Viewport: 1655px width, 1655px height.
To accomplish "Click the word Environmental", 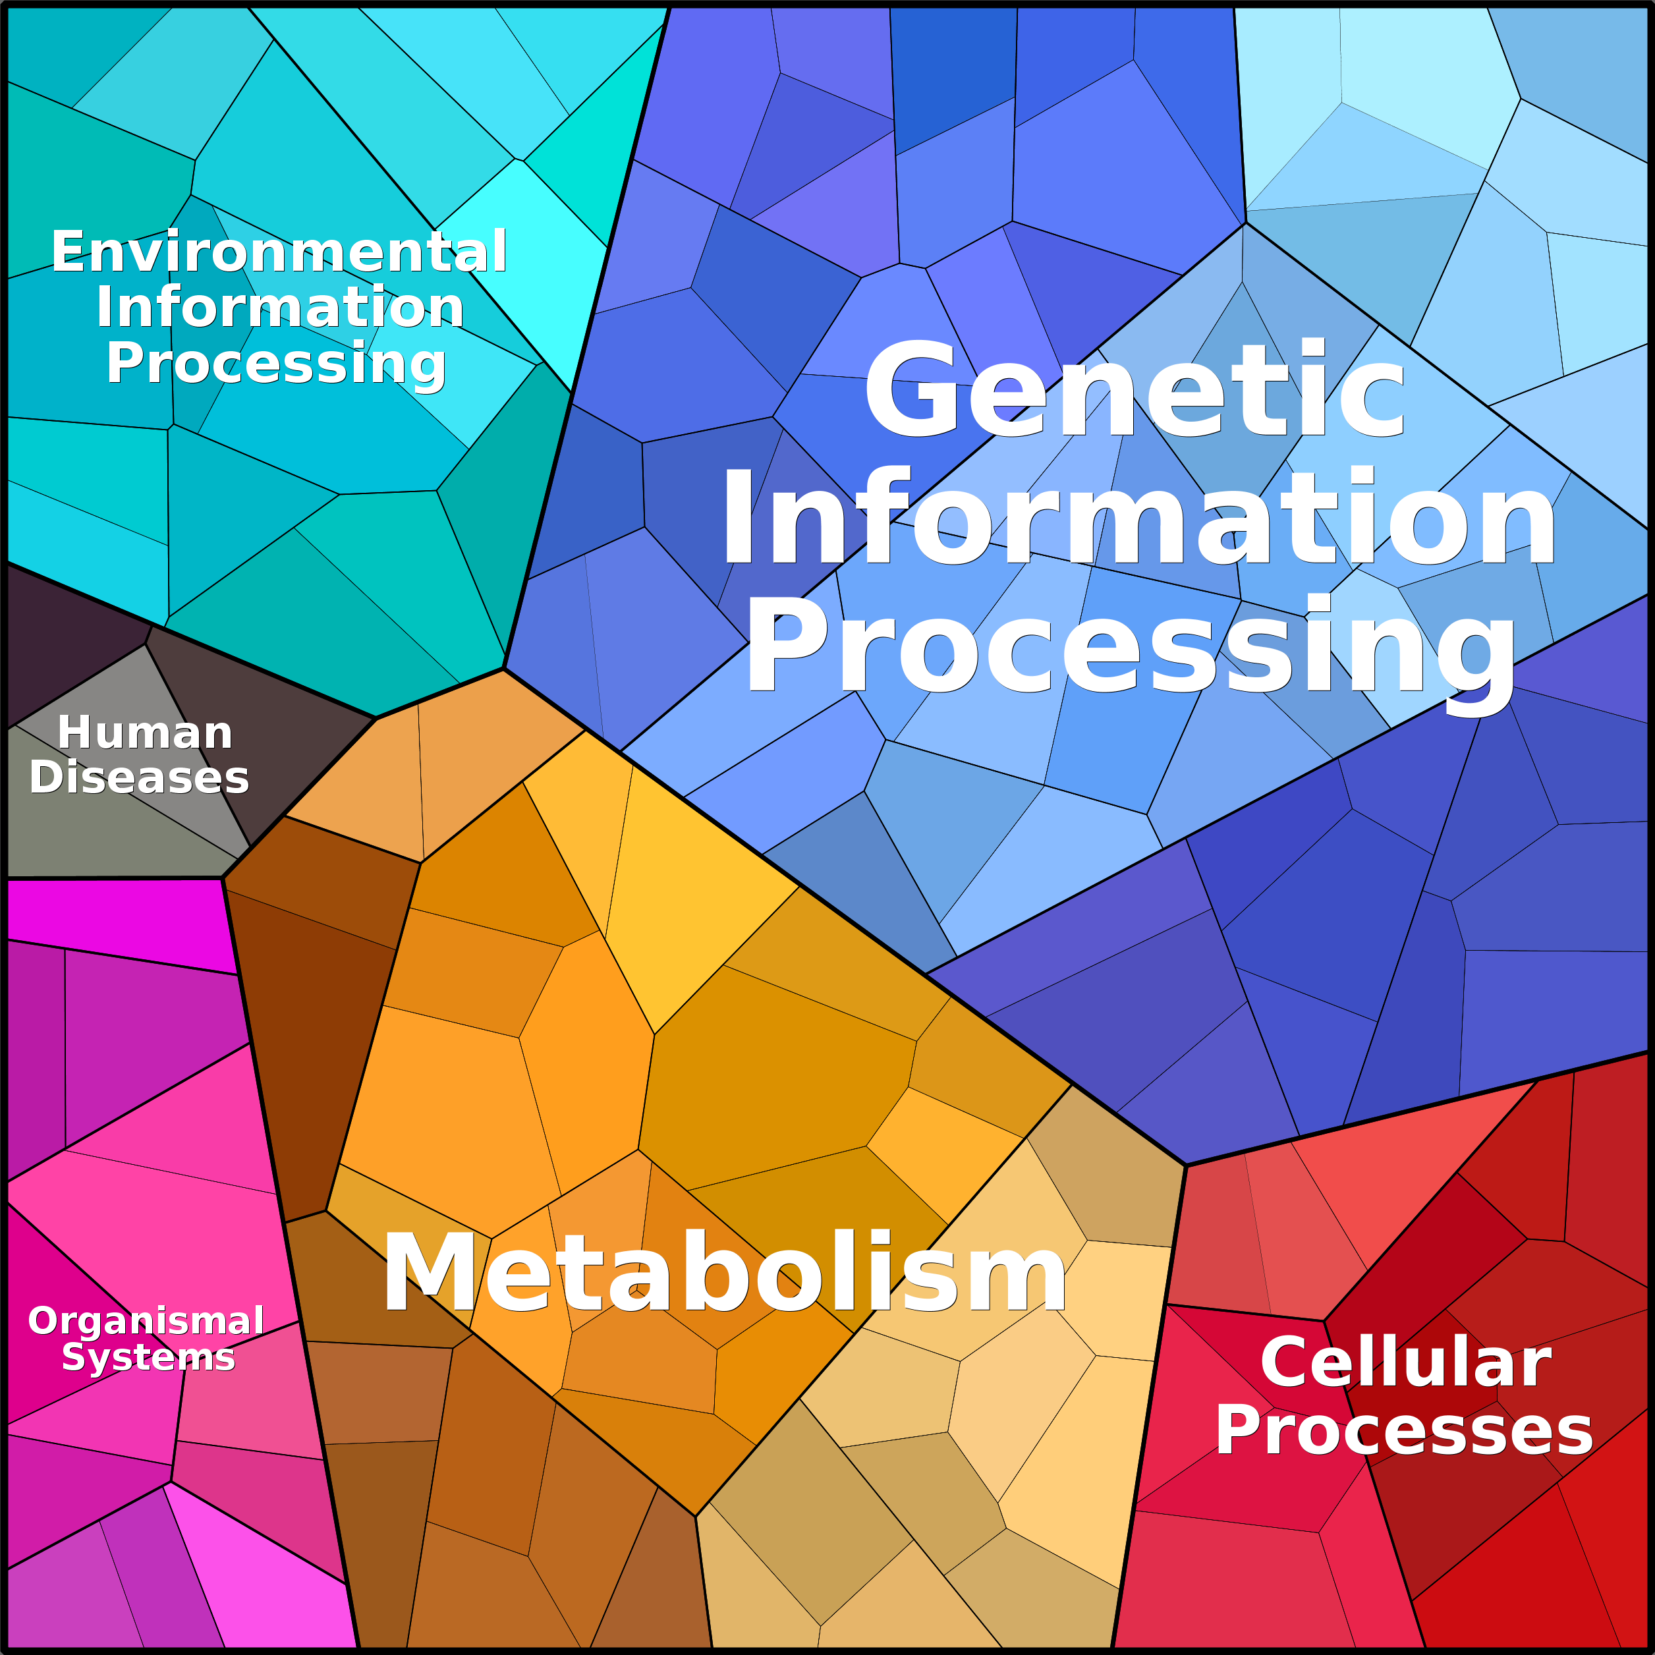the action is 279,252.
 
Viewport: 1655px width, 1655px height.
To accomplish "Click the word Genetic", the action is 1136,390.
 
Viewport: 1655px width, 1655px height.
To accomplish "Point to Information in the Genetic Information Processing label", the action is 1138,517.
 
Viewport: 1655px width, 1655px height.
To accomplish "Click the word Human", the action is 145,733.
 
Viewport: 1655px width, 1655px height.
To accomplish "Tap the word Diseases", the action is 139,778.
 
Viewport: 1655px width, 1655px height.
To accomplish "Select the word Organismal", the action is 146,1321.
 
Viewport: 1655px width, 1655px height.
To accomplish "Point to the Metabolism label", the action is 725,1272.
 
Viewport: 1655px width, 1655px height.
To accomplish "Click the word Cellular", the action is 1406,1363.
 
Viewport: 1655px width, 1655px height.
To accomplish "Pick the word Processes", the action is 1404,1430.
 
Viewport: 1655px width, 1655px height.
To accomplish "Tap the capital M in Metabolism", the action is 434,1272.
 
